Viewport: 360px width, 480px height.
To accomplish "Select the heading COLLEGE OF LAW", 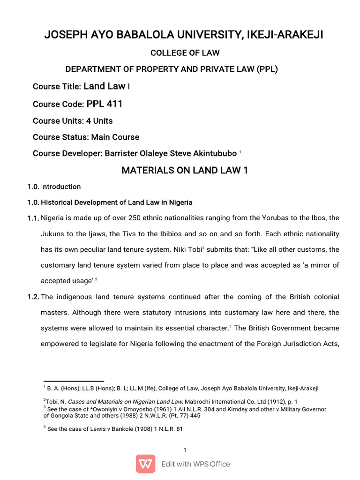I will (x=185, y=52).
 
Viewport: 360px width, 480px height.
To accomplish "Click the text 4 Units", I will (x=99, y=121).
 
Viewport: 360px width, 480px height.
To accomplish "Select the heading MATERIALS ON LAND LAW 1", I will (x=184, y=171).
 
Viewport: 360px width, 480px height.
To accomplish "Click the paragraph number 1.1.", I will (x=33, y=219).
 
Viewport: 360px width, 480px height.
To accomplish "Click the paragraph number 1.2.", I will (x=33, y=298).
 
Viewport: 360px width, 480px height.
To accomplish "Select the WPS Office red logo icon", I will (x=146, y=464).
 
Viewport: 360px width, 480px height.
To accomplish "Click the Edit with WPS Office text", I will (x=195, y=464).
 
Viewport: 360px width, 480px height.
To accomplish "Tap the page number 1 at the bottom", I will (x=185, y=450).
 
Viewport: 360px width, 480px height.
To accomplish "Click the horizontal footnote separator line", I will (x=74, y=381).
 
